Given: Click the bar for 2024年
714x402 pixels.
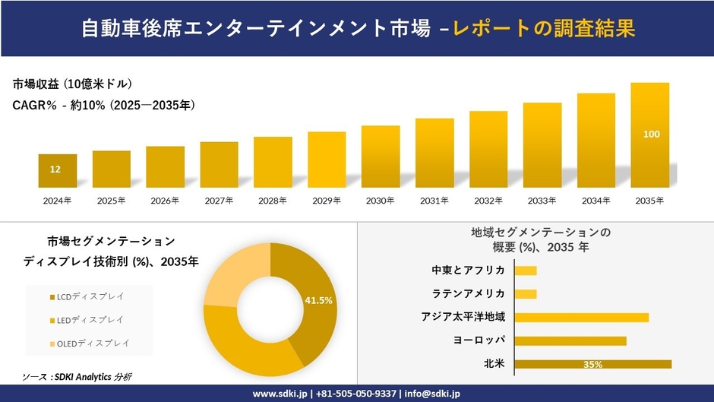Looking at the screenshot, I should click(58, 171).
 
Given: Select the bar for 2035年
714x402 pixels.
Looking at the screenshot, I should click(651, 135).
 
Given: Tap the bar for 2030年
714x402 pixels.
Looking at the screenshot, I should click(381, 157).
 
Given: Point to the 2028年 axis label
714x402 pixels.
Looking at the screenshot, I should click(273, 201).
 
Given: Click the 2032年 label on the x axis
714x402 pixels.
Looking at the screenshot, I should click(488, 201).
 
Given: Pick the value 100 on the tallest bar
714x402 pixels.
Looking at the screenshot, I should click(651, 135).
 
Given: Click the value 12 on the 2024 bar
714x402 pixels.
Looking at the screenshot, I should click(55, 169).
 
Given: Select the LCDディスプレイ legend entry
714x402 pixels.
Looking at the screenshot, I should click(86, 296).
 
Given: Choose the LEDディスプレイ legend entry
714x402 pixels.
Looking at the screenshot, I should click(86, 320).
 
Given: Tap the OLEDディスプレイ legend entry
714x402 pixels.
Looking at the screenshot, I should click(87, 344).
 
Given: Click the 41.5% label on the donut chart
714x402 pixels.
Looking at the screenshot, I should click(318, 301).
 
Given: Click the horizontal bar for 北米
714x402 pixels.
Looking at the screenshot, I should click(592, 364).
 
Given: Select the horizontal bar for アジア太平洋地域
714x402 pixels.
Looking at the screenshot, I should click(581, 317).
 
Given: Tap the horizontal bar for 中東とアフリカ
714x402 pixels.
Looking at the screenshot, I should click(526, 271).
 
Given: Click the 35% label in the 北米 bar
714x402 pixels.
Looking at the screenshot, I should click(592, 365).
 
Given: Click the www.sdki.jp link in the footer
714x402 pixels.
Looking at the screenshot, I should click(279, 394).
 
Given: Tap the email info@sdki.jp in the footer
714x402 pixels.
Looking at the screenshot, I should click(432, 394).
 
